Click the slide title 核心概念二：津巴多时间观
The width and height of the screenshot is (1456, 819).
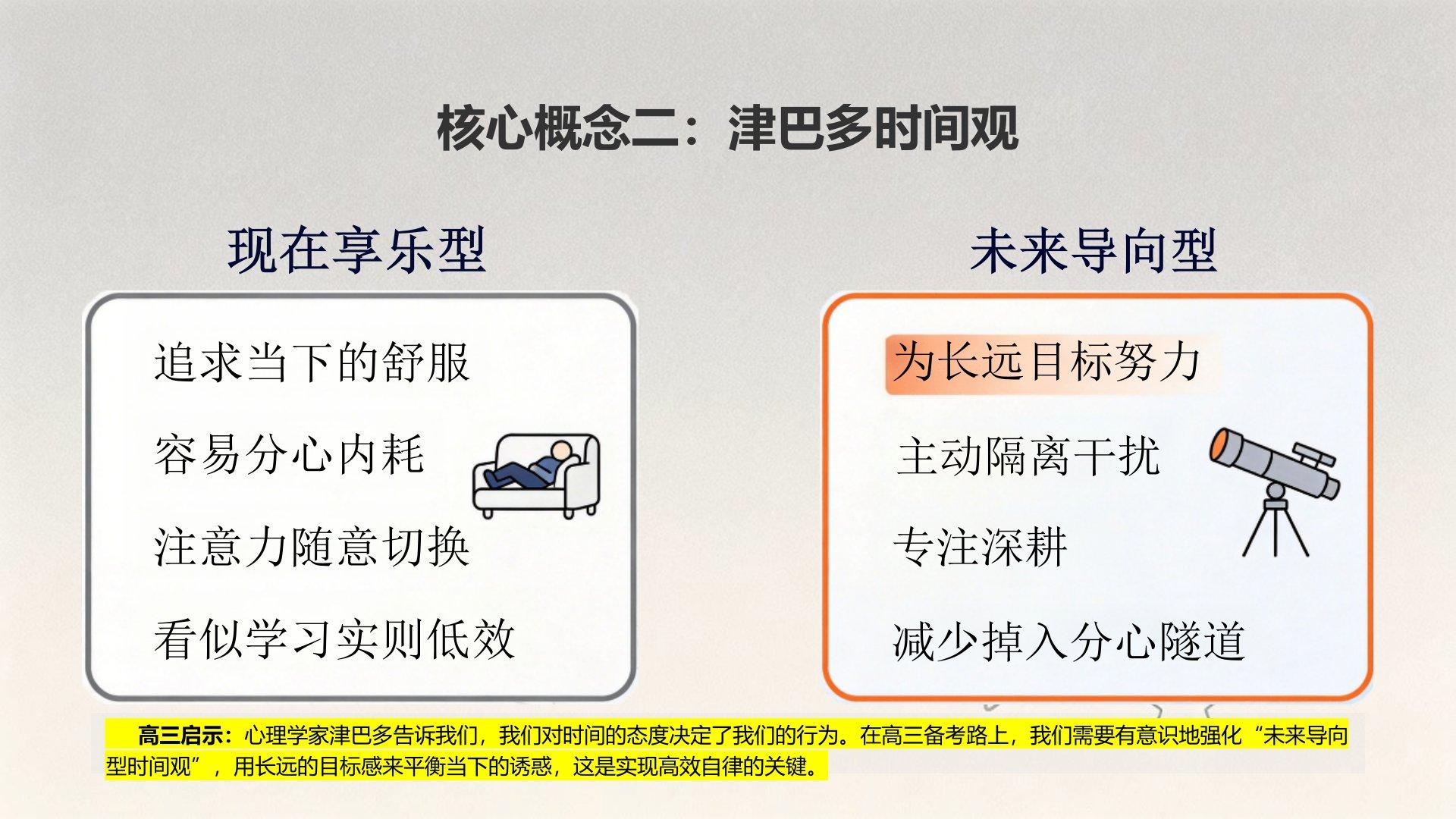(x=727, y=127)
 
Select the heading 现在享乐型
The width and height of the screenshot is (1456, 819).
(x=356, y=250)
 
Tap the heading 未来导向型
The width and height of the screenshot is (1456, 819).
(x=1094, y=250)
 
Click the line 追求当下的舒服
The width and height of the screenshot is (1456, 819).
(x=312, y=362)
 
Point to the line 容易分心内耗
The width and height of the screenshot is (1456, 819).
(x=289, y=455)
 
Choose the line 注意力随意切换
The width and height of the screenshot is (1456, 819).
(x=312, y=547)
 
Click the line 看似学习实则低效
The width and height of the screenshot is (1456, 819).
(x=334, y=639)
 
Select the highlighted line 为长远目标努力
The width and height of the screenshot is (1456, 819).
(x=1046, y=362)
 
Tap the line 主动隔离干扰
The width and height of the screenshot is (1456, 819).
(x=1028, y=456)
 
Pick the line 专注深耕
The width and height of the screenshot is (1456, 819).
(x=981, y=547)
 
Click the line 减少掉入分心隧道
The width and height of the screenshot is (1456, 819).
(x=1069, y=641)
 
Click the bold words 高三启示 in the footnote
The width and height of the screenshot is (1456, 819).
(x=181, y=735)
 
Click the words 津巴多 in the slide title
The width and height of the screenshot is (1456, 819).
(x=800, y=127)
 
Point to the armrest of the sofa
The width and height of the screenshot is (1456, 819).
(x=582, y=474)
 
